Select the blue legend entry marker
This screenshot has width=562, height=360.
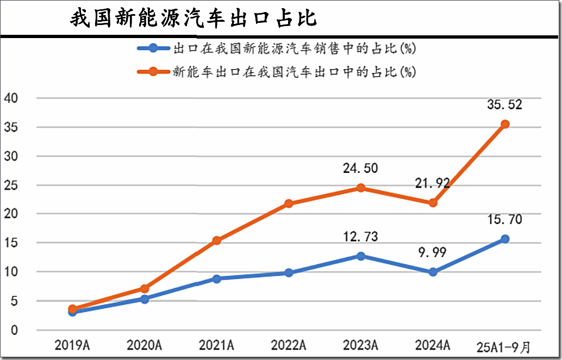153,48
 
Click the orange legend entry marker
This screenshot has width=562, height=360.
153,71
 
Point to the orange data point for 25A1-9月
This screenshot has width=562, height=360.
504,125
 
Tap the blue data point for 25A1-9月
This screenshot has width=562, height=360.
504,239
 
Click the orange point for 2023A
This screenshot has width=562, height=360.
360,188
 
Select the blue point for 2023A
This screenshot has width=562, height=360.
360,256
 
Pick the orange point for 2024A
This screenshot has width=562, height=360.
433,203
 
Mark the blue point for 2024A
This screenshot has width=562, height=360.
433,272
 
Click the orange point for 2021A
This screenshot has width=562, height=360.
216,240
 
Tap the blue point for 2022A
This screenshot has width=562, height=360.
289,273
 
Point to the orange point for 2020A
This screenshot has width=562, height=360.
145,289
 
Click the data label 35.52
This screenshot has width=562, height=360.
504,105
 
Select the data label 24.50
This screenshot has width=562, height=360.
360,168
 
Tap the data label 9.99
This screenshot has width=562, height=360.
433,252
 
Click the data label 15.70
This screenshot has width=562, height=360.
504,220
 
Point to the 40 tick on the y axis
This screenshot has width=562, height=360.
11,98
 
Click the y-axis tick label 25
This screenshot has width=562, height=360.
11,185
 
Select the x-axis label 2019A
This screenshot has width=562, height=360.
72,345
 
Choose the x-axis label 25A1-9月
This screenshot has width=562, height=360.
503,347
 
